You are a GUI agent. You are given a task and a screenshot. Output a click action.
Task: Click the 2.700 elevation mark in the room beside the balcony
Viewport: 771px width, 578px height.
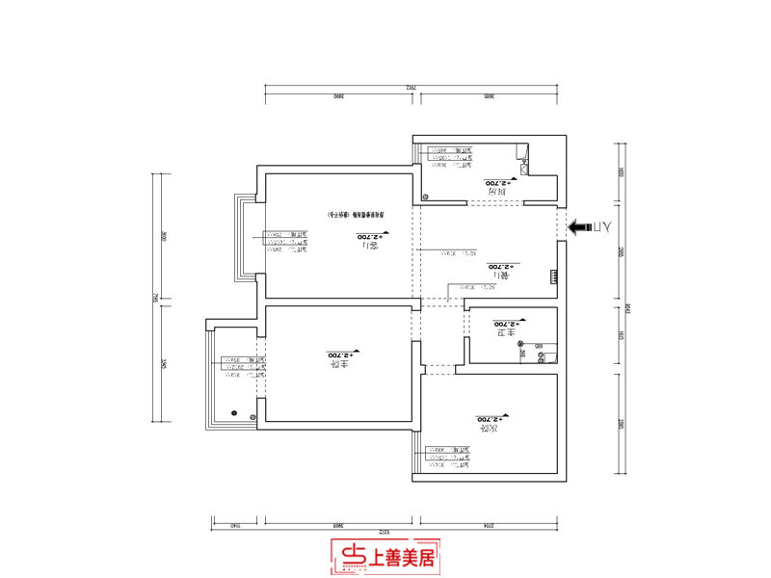342,355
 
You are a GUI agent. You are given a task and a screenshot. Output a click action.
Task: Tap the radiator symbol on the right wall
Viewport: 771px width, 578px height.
553,277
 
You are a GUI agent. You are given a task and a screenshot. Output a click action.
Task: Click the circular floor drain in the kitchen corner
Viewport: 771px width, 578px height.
424,196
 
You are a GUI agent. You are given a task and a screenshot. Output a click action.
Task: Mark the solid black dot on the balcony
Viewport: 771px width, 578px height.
233,412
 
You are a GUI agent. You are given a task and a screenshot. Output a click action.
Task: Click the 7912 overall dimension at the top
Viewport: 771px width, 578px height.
411,88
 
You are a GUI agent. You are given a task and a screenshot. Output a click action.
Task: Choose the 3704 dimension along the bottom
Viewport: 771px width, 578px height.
489,526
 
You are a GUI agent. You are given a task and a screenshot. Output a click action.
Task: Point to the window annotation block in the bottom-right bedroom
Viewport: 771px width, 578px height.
447,459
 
